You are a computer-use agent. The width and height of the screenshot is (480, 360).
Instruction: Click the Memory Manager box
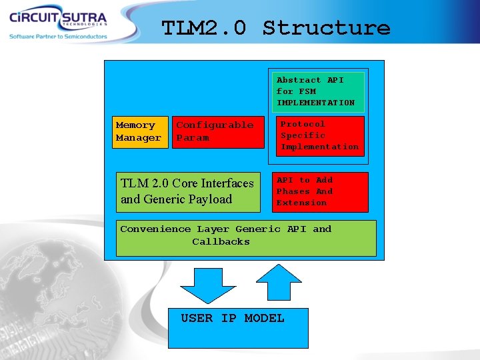[139, 131]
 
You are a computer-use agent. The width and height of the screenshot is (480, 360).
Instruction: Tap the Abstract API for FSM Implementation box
[317, 91]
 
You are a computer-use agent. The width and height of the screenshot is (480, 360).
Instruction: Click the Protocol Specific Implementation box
[321, 136]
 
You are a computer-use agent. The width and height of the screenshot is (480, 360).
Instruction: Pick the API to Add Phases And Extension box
[321, 192]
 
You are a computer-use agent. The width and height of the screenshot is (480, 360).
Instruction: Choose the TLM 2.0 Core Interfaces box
[188, 191]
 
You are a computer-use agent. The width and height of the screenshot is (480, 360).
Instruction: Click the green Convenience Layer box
[246, 238]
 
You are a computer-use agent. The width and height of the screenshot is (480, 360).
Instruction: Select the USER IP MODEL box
[238, 328]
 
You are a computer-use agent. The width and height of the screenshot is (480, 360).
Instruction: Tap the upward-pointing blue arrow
[280, 282]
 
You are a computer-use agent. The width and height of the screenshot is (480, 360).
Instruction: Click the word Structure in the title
[326, 28]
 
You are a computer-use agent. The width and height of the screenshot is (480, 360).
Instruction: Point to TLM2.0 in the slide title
[204, 28]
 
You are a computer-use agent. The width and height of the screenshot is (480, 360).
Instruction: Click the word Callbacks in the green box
[221, 242]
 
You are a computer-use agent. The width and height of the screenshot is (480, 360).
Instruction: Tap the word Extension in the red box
[301, 203]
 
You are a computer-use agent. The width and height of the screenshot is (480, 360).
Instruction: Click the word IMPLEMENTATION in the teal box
[315, 103]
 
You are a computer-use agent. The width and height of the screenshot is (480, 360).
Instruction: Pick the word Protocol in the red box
[303, 124]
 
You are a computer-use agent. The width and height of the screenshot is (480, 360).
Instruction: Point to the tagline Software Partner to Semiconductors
[58, 37]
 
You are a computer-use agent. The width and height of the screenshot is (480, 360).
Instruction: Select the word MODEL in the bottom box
[264, 319]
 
